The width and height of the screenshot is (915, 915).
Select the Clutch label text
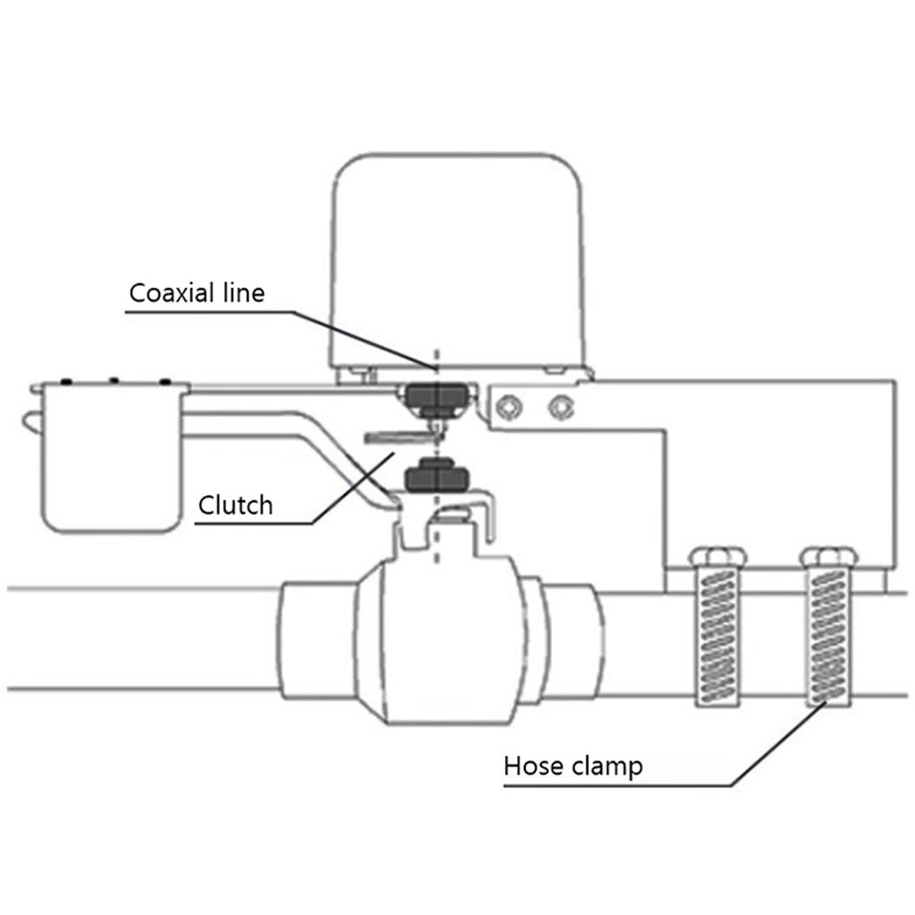235,506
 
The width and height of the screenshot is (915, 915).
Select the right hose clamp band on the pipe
831,634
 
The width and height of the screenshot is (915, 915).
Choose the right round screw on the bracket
561,408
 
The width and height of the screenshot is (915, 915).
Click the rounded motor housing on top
458,259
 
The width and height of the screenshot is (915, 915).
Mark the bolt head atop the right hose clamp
831,558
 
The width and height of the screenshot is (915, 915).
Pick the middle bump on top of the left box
113,382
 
